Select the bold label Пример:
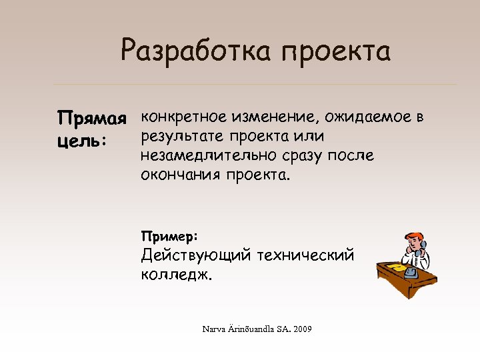click(x=169, y=236)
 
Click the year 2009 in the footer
click(x=301, y=329)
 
